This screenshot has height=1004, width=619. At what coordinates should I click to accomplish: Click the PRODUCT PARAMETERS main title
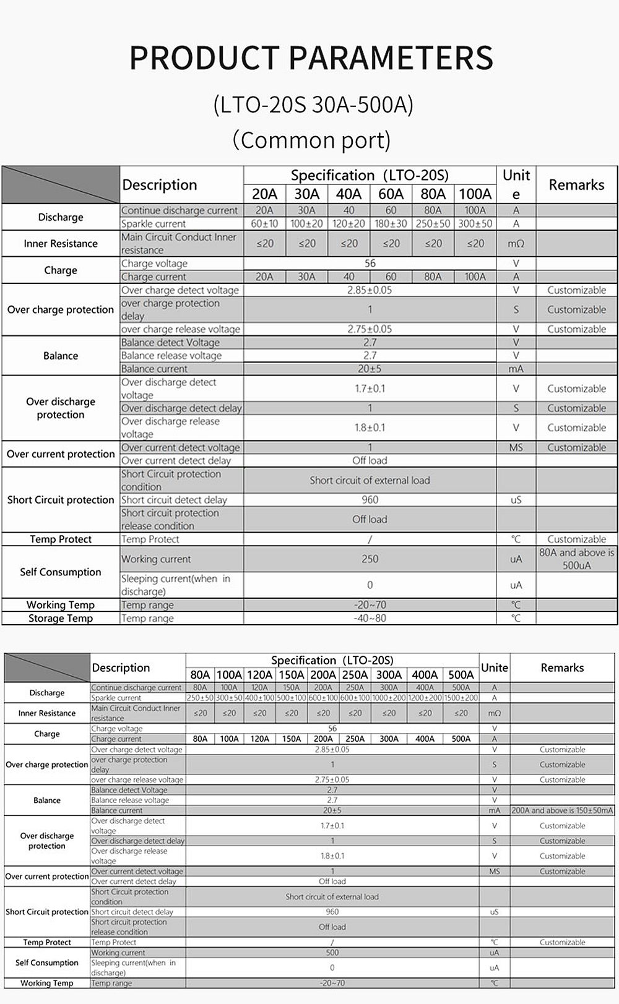click(x=311, y=58)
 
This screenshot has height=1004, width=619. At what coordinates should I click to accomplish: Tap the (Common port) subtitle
click(x=311, y=140)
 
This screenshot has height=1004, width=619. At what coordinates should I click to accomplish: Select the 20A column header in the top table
click(x=264, y=194)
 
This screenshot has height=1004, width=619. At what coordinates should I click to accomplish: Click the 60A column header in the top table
click(x=391, y=194)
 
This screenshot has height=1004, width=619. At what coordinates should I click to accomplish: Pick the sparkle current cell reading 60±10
click(x=264, y=224)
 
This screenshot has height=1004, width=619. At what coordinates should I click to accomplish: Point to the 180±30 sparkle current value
click(x=391, y=224)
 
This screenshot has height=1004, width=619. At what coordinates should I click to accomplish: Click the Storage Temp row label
click(x=60, y=618)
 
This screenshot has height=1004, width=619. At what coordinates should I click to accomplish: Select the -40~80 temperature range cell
click(x=370, y=618)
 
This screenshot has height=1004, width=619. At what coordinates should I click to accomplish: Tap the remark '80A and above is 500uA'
click(x=576, y=559)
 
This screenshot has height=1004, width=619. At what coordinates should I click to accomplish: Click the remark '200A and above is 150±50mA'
click(x=562, y=810)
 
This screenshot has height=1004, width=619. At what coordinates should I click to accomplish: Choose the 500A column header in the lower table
click(x=461, y=675)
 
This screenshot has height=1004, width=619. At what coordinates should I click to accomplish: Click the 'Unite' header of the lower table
click(x=494, y=667)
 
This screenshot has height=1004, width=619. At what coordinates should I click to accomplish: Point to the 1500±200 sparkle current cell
click(x=461, y=698)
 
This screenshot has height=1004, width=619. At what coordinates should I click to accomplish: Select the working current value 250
click(x=370, y=559)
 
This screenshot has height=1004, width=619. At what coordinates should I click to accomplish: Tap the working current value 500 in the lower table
click(x=332, y=953)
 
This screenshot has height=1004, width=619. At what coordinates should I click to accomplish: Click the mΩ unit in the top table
click(x=516, y=244)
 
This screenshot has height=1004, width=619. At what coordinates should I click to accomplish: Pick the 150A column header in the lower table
click(x=291, y=675)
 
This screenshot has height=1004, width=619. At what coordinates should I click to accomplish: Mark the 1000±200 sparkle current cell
click(x=389, y=698)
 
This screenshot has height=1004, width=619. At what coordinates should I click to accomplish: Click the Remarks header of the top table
click(x=576, y=185)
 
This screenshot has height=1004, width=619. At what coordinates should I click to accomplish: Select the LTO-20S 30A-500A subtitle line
click(x=313, y=105)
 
